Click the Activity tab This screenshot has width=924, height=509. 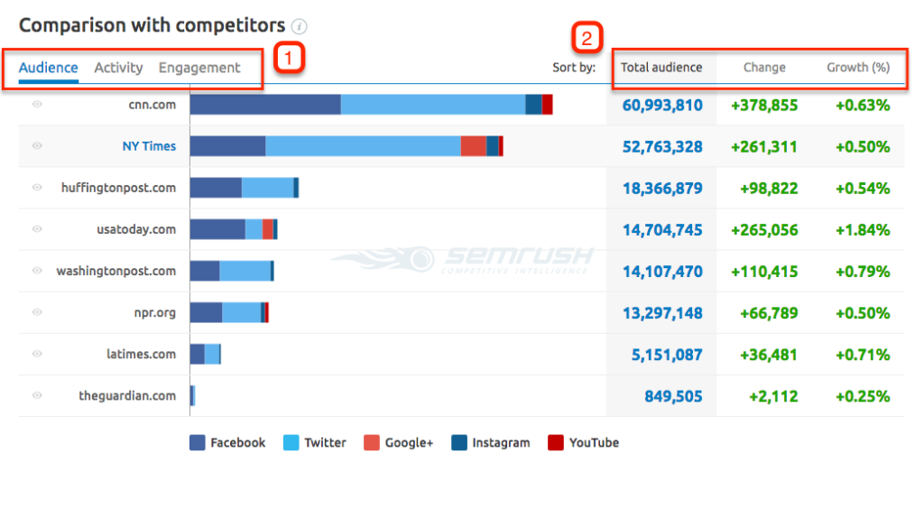pyautogui.click(x=118, y=68)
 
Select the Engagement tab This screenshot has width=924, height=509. pyautogui.click(x=199, y=68)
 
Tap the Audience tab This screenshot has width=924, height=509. pyautogui.click(x=49, y=68)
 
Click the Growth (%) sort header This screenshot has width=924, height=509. pyautogui.click(x=858, y=68)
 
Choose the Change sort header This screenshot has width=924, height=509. pyautogui.click(x=764, y=68)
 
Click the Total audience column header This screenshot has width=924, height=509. pyautogui.click(x=661, y=68)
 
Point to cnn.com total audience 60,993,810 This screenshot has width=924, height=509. pyautogui.click(x=662, y=105)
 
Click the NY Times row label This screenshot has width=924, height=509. pyautogui.click(x=149, y=146)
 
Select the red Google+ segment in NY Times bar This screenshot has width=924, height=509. pyautogui.click(x=473, y=146)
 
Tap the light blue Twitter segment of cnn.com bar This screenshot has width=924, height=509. pyautogui.click(x=433, y=105)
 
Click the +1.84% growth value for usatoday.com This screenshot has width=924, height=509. pyautogui.click(x=863, y=229)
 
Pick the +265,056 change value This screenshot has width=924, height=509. pyautogui.click(x=764, y=229)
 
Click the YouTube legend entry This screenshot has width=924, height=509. pyautogui.click(x=584, y=443)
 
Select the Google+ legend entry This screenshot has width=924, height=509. pyautogui.click(x=399, y=443)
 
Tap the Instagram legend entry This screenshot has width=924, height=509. pyautogui.click(x=491, y=443)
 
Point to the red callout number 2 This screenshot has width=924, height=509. pyautogui.click(x=587, y=39)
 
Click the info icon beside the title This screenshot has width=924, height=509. pyautogui.click(x=300, y=26)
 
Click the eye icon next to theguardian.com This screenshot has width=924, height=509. pyautogui.click(x=37, y=395)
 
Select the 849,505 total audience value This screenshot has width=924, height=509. pyautogui.click(x=673, y=396)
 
